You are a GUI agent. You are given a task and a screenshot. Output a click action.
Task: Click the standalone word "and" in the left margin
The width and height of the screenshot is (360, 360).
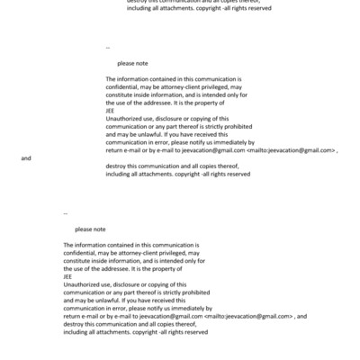click(25, 157)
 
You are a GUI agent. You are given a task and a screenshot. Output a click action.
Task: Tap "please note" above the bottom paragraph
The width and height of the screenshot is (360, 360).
click(90, 229)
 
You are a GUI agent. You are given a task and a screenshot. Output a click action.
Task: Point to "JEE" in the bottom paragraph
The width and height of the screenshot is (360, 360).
click(68, 276)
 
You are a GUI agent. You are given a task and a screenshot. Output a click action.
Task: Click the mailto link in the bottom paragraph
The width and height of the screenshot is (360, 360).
click(249, 316)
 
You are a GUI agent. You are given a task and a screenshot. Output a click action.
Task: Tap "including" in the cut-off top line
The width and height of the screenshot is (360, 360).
click(120, 8)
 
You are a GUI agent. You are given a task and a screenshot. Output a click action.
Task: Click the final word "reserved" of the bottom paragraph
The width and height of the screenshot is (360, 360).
click(196, 332)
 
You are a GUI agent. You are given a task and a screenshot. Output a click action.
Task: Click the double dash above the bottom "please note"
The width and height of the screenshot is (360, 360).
click(67, 212)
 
